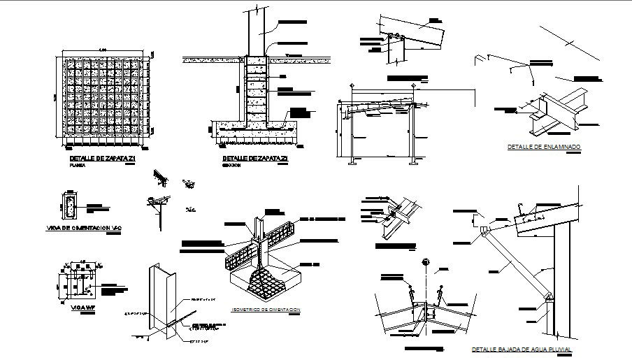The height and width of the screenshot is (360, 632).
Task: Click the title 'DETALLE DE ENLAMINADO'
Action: [545, 147]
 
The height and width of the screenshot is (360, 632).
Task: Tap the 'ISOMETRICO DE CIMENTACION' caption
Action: [265, 309]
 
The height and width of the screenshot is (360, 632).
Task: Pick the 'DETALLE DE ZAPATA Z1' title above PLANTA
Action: [97, 160]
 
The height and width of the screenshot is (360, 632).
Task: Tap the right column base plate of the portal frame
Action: [416, 163]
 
